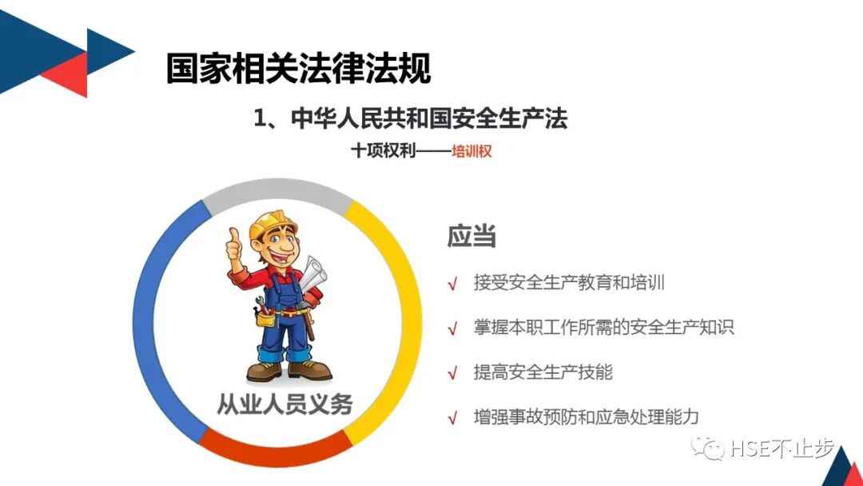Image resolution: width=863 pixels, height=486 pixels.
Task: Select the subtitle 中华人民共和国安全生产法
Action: point(428,119)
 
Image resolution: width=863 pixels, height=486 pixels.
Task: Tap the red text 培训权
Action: point(471,150)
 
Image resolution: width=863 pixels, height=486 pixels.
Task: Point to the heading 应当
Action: point(471,237)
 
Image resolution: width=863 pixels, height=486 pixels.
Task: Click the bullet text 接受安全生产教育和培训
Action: point(569,283)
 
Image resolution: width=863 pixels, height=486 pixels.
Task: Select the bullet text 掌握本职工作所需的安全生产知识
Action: point(603,327)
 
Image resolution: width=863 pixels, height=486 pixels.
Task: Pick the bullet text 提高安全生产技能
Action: point(543,372)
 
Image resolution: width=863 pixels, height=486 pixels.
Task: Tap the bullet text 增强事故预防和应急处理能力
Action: point(586,416)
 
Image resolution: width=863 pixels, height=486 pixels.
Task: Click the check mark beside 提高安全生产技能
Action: point(452,373)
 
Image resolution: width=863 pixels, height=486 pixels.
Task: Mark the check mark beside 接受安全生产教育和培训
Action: point(452,284)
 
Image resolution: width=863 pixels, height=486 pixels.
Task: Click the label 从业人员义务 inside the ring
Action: point(285,404)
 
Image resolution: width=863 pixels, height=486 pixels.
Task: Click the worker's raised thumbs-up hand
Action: point(233,245)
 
